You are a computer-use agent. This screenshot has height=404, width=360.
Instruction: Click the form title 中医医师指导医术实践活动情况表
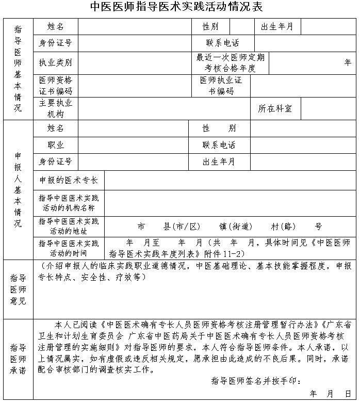(176, 7)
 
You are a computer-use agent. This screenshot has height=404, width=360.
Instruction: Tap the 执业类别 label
(56, 62)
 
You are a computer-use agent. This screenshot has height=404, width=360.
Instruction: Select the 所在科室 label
(275, 108)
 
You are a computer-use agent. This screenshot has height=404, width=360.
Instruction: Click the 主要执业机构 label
(56, 108)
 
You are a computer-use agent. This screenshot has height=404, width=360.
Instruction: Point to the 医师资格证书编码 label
(56, 86)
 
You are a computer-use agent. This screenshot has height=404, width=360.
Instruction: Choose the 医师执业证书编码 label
(221, 86)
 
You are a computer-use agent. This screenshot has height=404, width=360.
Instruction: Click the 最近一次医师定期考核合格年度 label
(230, 62)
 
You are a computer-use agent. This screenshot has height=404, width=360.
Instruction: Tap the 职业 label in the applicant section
(56, 145)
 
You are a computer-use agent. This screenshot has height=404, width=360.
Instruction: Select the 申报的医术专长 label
(69, 181)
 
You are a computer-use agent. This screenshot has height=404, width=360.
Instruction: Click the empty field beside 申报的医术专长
(230, 181)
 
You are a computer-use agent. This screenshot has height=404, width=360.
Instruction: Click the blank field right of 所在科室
(328, 108)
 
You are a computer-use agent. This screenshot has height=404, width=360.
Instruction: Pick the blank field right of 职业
(133, 145)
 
